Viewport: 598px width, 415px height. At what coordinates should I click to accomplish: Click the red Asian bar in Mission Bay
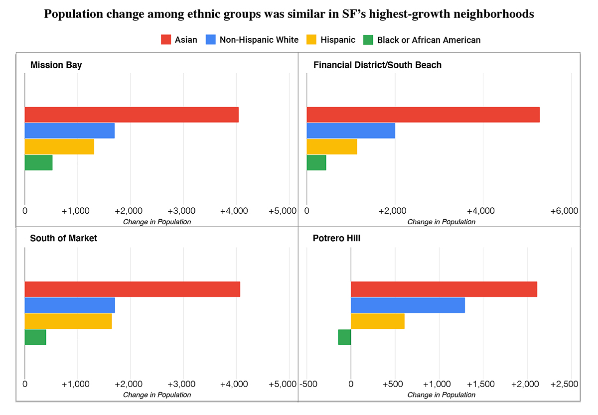pyautogui.click(x=132, y=115)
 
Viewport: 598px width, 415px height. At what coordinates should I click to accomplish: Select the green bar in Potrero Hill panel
pyautogui.click(x=344, y=337)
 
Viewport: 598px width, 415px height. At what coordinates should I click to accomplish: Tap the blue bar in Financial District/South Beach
pyautogui.click(x=351, y=131)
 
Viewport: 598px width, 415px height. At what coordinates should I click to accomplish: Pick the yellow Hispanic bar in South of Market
pyautogui.click(x=68, y=321)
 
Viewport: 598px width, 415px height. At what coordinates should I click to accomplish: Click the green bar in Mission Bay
pyautogui.click(x=38, y=163)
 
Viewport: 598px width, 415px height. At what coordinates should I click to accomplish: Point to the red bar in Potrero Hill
pyautogui.click(x=444, y=289)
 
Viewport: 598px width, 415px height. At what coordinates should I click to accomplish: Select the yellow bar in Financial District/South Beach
pyautogui.click(x=332, y=147)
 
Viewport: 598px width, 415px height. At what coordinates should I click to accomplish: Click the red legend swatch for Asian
pyautogui.click(x=166, y=40)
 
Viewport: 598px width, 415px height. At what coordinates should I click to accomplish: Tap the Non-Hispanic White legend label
pyautogui.click(x=259, y=40)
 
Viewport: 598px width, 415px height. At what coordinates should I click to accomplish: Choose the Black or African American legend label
pyautogui.click(x=429, y=40)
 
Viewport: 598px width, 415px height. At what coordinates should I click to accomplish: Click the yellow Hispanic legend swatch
pyautogui.click(x=324, y=40)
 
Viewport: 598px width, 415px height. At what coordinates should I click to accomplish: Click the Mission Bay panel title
pyautogui.click(x=56, y=65)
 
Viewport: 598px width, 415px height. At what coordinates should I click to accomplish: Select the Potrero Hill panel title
pyautogui.click(x=336, y=238)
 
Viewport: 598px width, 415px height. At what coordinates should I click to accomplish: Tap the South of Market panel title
pyautogui.click(x=63, y=238)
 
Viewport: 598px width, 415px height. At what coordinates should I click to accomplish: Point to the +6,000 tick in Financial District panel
pyautogui.click(x=564, y=211)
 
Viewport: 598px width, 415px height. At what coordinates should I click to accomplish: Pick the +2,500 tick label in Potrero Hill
pyautogui.click(x=564, y=384)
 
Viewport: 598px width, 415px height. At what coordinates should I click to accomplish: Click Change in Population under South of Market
pyautogui.click(x=157, y=395)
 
